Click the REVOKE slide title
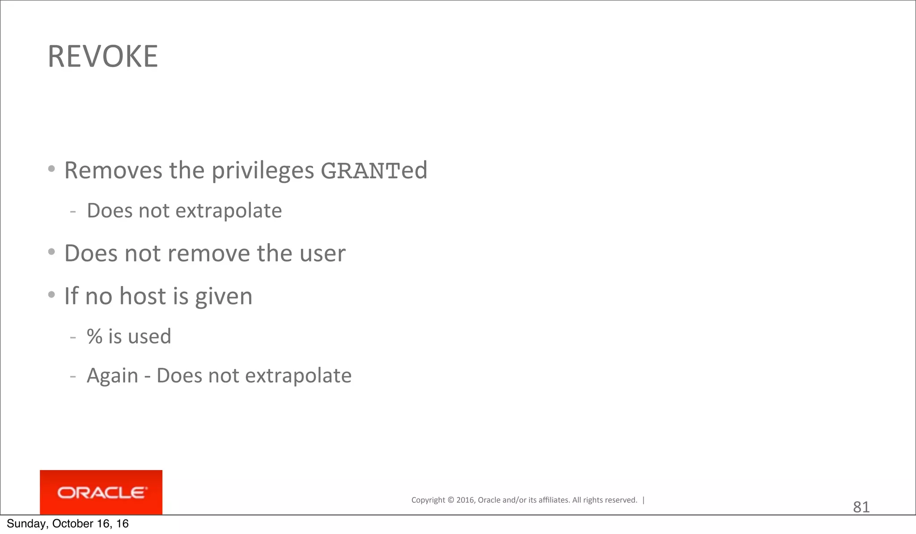pyautogui.click(x=102, y=57)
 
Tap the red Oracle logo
pyautogui.click(x=101, y=492)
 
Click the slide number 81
pyautogui.click(x=861, y=507)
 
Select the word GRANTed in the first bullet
pyautogui.click(x=374, y=170)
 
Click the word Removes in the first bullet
pyautogui.click(x=113, y=170)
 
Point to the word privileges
pyautogui.click(x=263, y=171)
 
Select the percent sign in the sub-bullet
pyautogui.click(x=95, y=336)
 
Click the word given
pyautogui.click(x=224, y=297)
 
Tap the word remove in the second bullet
pyautogui.click(x=209, y=253)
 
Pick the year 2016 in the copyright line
pyautogui.click(x=465, y=500)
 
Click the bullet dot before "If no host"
pyautogui.click(x=51, y=294)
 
